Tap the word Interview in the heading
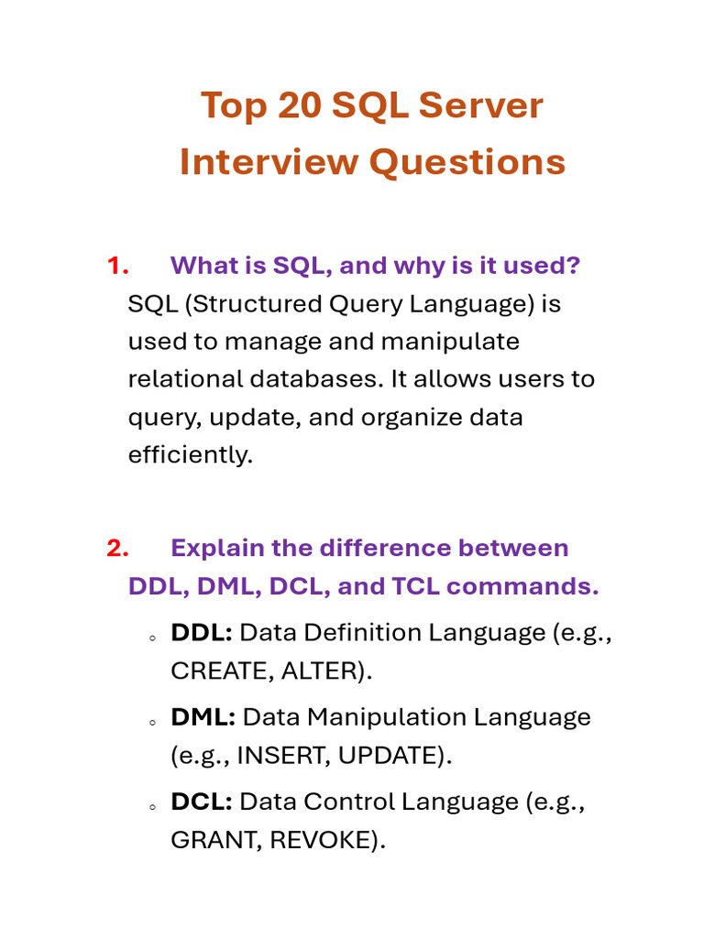click(269, 163)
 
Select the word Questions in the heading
click(467, 163)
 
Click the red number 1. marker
click(116, 266)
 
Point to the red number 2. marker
click(116, 548)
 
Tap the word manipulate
click(450, 342)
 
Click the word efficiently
click(190, 454)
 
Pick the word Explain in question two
click(214, 548)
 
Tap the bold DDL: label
click(201, 633)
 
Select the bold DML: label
click(203, 717)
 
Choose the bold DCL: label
click(201, 802)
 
